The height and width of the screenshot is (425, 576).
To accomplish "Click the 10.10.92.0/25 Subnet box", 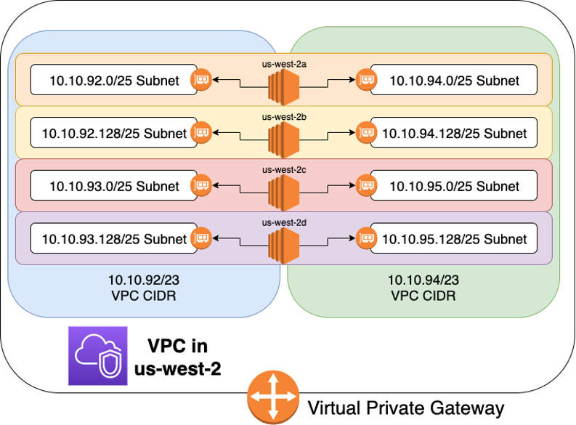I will pyautogui.click(x=114, y=80).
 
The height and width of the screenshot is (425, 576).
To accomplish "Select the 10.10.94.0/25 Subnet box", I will pyautogui.click(x=454, y=80).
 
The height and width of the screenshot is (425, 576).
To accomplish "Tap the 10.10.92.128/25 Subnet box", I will pyautogui.click(x=114, y=133).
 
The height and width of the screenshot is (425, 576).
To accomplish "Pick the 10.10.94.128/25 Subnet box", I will pyautogui.click(x=454, y=133).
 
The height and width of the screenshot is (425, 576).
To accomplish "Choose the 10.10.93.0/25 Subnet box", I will pyautogui.click(x=114, y=186).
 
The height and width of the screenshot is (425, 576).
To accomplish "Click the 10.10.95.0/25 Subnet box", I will pyautogui.click(x=454, y=186).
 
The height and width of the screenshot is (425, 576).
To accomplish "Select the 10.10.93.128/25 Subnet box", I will pyautogui.click(x=114, y=238).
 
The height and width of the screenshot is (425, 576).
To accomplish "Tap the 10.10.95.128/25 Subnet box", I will pyautogui.click(x=454, y=238).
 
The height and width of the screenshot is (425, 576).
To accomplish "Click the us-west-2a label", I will pyautogui.click(x=280, y=63).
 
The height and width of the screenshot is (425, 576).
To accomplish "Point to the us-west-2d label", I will pyautogui.click(x=280, y=222).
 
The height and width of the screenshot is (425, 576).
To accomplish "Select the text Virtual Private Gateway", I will pyautogui.click(x=406, y=408).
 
